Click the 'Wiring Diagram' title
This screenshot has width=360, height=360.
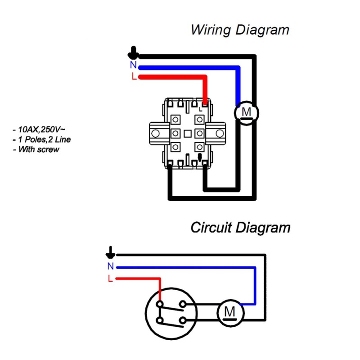tap(240, 31)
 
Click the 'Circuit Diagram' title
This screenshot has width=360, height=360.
tap(240, 228)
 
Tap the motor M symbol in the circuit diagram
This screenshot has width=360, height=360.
tap(229, 311)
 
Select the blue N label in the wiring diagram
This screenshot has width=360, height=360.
tap(133, 65)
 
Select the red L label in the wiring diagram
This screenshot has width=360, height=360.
tap(134, 76)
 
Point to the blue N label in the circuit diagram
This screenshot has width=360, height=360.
tap(110, 266)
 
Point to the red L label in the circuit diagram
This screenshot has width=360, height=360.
tap(110, 278)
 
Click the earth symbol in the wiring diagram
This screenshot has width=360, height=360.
tap(133, 54)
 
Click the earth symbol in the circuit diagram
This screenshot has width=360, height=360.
tap(110, 251)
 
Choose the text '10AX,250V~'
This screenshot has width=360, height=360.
tap(40, 130)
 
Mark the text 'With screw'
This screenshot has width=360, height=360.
tap(38, 149)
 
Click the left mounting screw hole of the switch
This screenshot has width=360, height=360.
tap(156, 133)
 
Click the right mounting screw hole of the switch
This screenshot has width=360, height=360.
tap(219, 133)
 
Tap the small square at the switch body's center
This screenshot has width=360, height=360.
tap(187, 133)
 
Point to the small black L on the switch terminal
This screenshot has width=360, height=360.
tap(200, 108)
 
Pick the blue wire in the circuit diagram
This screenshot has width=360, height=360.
tap(189, 267)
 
